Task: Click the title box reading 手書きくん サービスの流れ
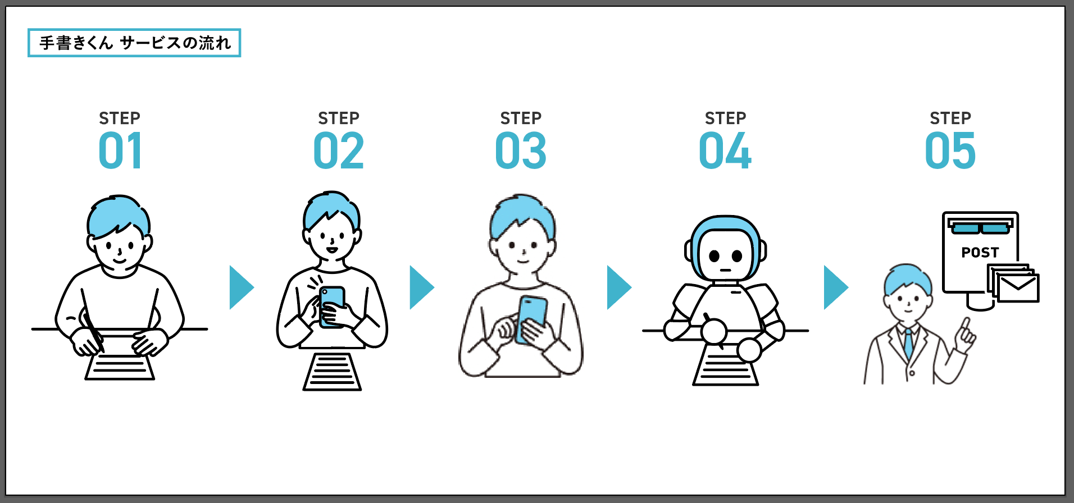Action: [134, 43]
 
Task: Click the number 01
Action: [120, 151]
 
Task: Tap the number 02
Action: [339, 151]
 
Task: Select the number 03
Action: [521, 151]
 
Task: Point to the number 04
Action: [725, 151]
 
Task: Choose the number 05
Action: [950, 151]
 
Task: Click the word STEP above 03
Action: [521, 118]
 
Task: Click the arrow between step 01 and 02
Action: [242, 287]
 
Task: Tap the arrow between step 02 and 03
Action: [422, 287]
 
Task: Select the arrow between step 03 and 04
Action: [619, 287]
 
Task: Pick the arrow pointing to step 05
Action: [836, 287]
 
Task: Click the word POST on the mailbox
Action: [980, 253]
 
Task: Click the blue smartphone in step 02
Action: [332, 307]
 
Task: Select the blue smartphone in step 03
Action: [531, 319]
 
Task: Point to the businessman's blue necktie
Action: [908, 344]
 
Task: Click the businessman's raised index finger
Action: [966, 327]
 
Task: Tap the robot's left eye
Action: [714, 256]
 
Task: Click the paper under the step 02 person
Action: [332, 372]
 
